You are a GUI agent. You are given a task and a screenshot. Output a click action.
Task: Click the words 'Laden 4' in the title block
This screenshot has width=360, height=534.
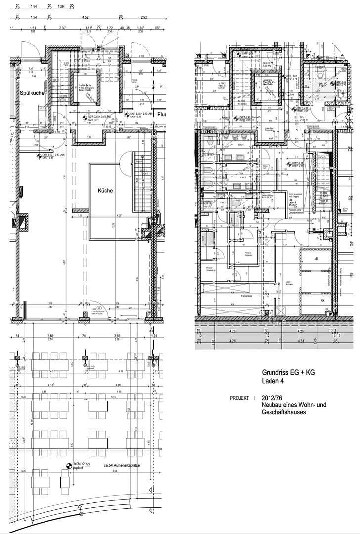273,381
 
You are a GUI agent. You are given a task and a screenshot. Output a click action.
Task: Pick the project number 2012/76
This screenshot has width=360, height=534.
272,398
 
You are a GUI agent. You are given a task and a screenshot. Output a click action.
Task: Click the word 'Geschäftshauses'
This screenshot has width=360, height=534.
284,412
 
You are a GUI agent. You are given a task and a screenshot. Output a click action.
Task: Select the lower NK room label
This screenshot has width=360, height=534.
322,300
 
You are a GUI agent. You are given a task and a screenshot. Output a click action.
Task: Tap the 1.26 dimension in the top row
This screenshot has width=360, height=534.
61,7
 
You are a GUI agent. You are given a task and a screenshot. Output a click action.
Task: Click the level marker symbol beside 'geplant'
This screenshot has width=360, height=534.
69,465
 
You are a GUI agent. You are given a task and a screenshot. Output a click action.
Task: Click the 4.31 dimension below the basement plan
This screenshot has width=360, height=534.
302,340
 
